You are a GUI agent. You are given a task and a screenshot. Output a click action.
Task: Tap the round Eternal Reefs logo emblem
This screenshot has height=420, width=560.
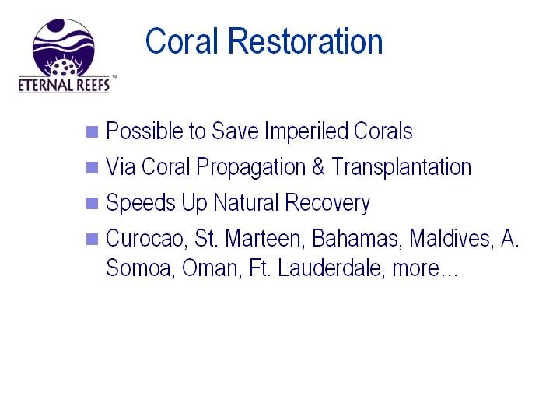pos(64,48)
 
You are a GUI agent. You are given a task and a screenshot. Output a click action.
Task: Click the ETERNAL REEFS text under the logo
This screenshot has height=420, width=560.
pos(64,86)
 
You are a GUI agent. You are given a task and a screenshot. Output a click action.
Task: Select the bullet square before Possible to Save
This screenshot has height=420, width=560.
pos(92,131)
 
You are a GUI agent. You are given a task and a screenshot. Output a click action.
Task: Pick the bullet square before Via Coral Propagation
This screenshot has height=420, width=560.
pos(92,167)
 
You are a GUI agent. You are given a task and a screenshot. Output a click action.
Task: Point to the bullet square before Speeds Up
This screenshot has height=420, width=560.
pos(92,203)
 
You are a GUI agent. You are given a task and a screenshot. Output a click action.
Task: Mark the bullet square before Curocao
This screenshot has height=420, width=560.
pos(92,239)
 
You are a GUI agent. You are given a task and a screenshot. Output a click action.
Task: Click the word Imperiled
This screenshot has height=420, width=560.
pos(306,131)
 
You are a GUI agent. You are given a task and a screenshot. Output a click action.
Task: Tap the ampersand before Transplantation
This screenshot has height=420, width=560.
pos(318,166)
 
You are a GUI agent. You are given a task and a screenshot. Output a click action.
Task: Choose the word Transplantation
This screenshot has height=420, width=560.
pos(401,166)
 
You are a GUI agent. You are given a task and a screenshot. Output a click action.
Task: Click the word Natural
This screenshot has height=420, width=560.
pos(246,202)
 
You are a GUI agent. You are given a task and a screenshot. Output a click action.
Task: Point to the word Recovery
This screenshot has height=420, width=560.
pos(327,203)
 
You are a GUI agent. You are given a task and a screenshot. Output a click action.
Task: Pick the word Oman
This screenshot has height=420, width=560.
pos(210,268)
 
